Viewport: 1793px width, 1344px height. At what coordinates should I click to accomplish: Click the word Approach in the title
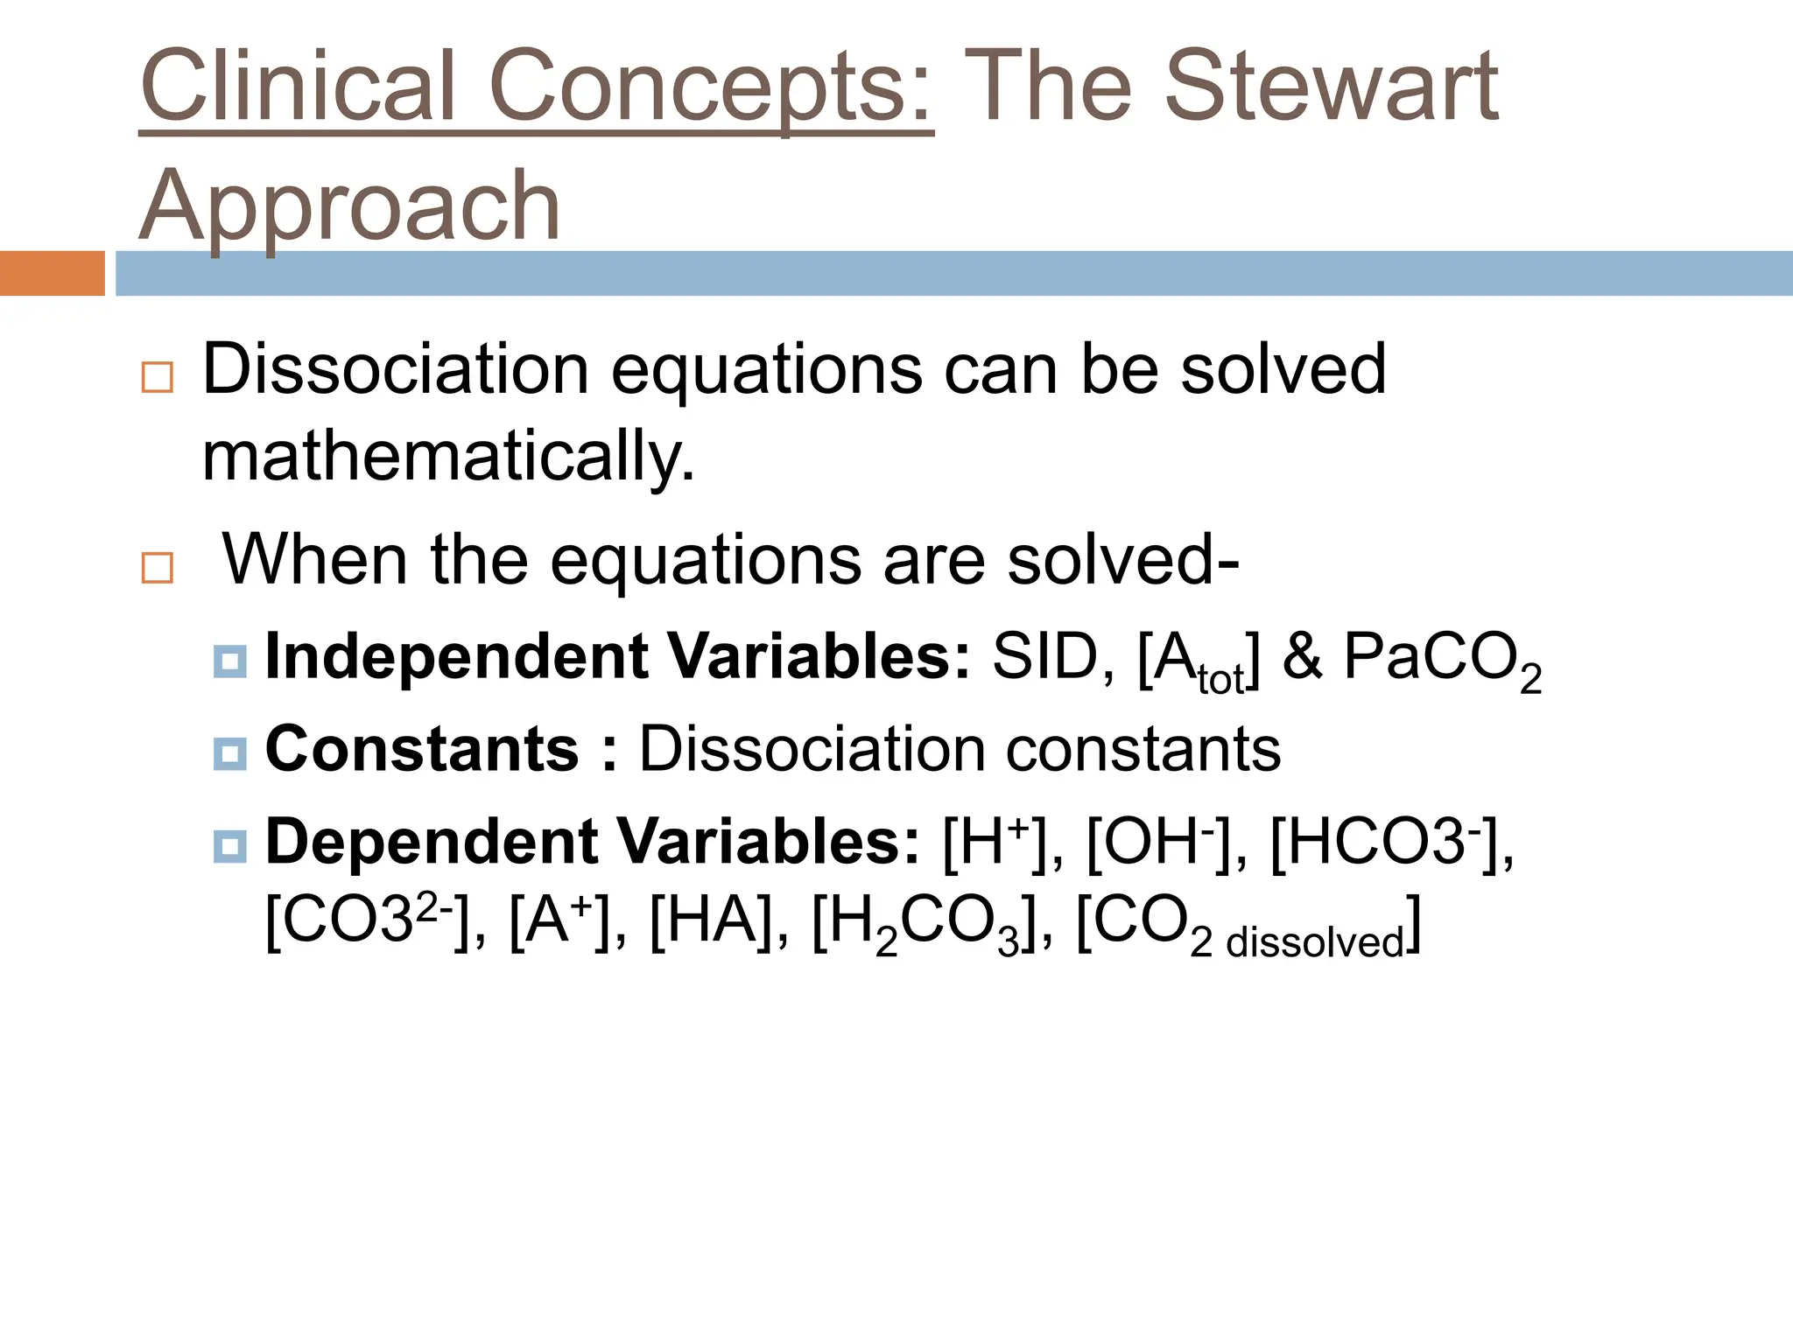pos(350,206)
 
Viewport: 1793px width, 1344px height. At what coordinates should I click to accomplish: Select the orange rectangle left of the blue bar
pos(52,273)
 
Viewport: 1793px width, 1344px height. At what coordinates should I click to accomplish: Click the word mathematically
pos(448,457)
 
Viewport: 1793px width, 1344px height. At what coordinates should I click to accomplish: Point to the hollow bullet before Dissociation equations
pos(158,377)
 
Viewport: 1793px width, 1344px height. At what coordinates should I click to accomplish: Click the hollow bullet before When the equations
pos(158,568)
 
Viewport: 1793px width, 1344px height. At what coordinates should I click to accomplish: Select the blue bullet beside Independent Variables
pos(229,661)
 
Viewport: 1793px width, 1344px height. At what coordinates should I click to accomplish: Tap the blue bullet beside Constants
pos(229,753)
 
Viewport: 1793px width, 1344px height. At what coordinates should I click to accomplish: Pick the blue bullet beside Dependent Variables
pos(229,846)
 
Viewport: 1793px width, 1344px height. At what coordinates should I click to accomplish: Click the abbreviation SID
pos(1044,656)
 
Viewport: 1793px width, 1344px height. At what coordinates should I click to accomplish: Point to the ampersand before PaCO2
pos(1302,656)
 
